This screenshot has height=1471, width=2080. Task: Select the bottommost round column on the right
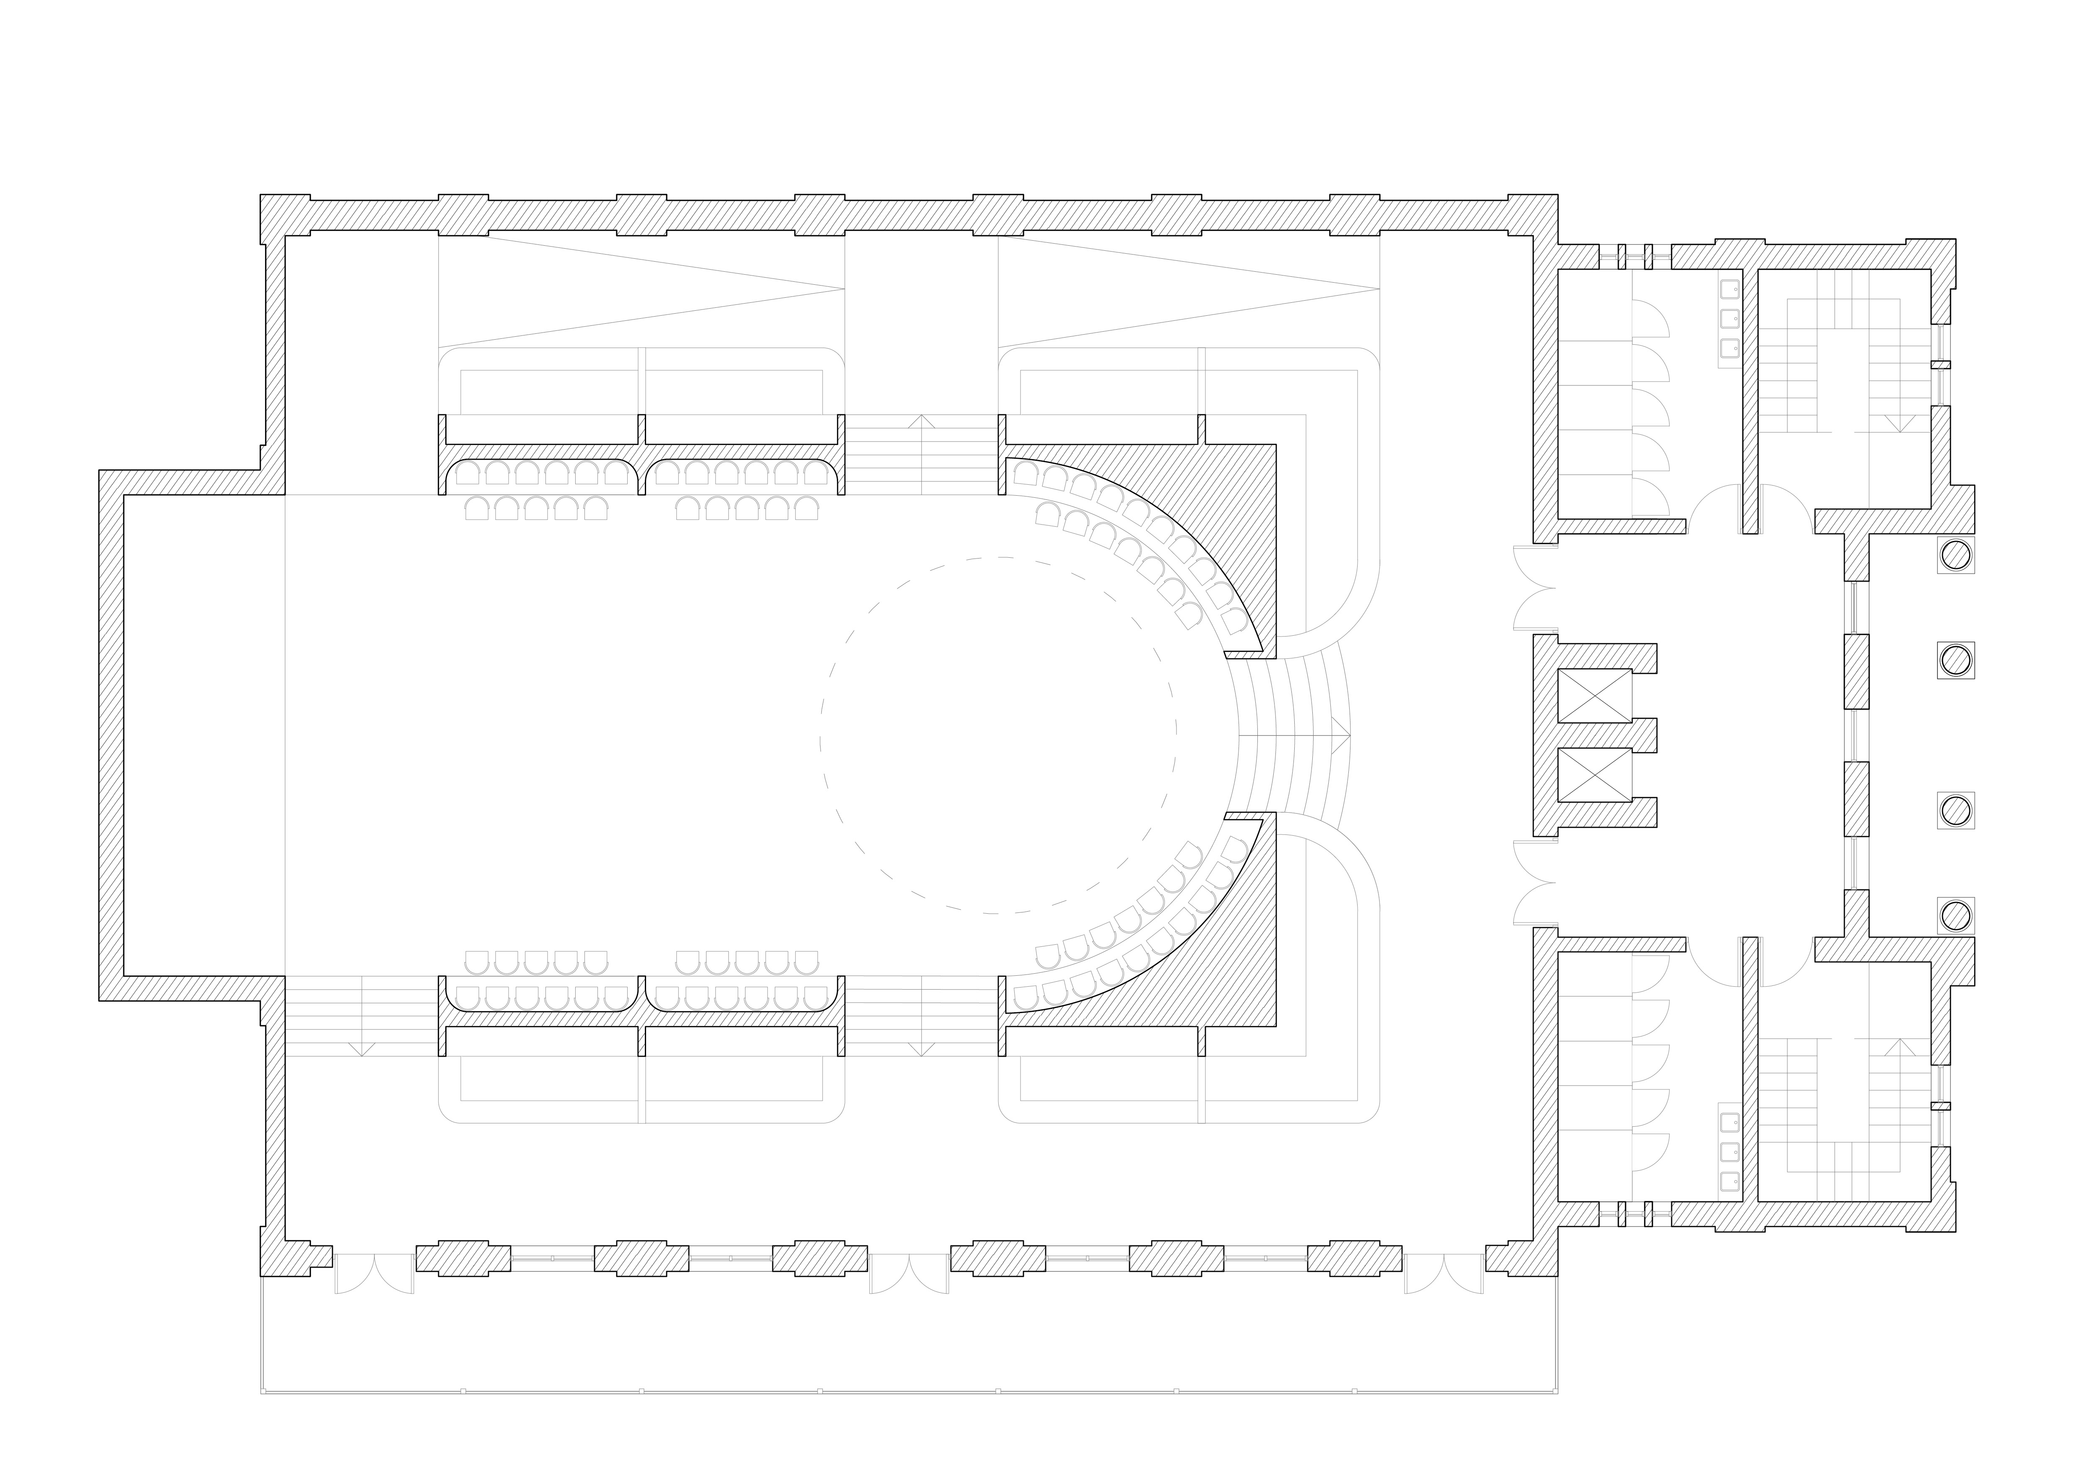coord(1955,915)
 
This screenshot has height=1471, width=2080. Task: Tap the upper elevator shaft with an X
coord(1594,696)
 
